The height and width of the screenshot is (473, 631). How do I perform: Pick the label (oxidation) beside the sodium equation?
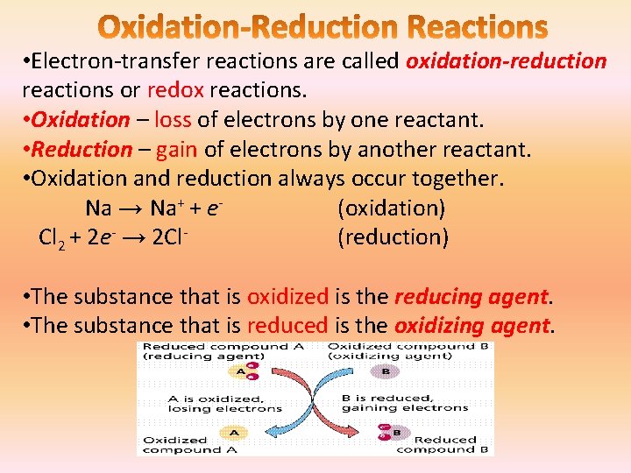point(391,208)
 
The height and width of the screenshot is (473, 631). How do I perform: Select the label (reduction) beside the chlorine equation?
point(393,237)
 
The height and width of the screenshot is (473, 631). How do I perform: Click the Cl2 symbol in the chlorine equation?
point(52,238)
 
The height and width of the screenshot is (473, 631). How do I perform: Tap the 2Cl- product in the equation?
point(172,237)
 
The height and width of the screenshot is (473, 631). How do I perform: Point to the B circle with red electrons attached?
point(392,431)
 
